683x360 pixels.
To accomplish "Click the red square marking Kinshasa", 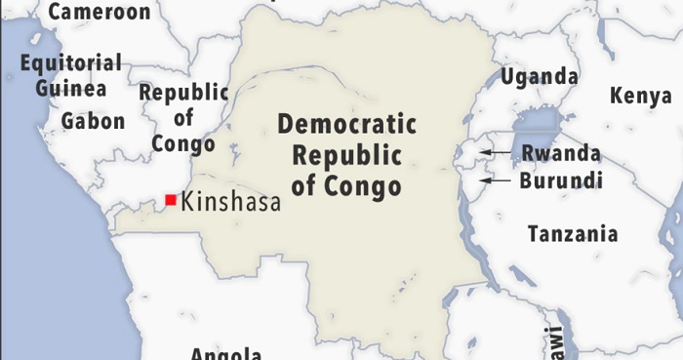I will click(x=171, y=200).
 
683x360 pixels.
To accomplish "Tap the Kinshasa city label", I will click(x=230, y=202).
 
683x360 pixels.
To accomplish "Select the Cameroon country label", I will click(x=100, y=12).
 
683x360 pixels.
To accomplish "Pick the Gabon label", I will click(x=94, y=121).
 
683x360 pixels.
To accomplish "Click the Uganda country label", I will click(x=540, y=76).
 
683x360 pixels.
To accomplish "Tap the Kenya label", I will click(x=640, y=96).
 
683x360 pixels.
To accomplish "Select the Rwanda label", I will click(x=561, y=153).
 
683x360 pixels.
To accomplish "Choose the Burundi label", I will click(x=561, y=180).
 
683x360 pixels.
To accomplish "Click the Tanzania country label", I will click(x=573, y=234).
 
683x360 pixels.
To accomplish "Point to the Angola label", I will click(x=225, y=352).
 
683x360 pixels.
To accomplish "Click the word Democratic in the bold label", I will click(x=347, y=126).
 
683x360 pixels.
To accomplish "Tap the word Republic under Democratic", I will click(x=347, y=155).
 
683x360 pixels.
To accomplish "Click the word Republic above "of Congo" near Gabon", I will click(x=184, y=94).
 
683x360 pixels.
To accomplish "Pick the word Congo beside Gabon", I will click(x=183, y=143).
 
